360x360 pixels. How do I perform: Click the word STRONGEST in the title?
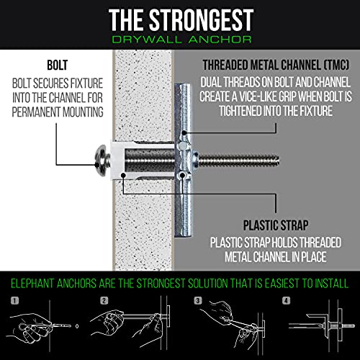(x=201, y=19)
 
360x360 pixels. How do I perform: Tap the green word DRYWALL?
(x=147, y=40)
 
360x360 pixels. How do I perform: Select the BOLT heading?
(x=58, y=65)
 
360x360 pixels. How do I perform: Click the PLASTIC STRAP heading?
(x=276, y=225)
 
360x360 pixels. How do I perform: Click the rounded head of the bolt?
(x=103, y=161)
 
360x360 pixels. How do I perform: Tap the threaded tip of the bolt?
(x=276, y=161)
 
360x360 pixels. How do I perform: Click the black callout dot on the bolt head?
(x=97, y=165)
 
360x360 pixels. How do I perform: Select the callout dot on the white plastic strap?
(x=123, y=175)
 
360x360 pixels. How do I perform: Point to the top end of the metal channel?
(x=183, y=85)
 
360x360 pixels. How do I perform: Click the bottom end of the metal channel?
(x=183, y=235)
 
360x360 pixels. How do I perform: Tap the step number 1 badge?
(x=15, y=301)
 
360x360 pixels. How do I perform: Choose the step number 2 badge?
(x=104, y=301)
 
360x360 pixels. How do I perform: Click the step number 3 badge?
(x=198, y=301)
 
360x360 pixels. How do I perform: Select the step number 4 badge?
(x=286, y=301)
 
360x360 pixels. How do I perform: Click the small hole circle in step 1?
(x=77, y=326)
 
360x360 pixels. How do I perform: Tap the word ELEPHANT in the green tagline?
(x=32, y=284)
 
